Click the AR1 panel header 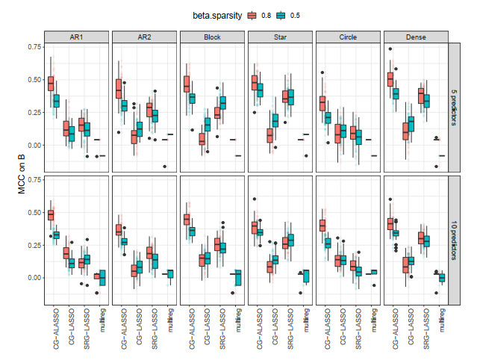[x=75, y=37]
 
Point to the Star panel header [x=280, y=37]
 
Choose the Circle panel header [x=348, y=37]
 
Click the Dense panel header [x=416, y=37]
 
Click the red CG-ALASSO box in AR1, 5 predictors [x=51, y=83]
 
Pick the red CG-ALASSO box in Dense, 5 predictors [x=390, y=78]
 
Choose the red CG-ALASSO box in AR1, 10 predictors [x=51, y=215]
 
